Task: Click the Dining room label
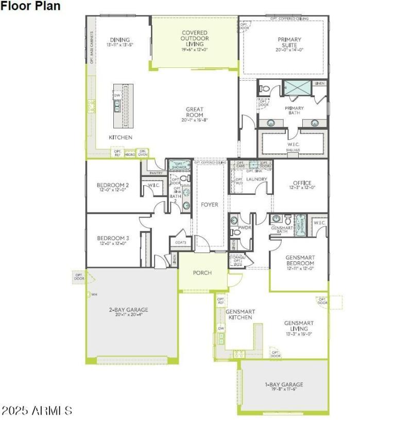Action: (119, 40)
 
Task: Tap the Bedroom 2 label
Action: (112, 185)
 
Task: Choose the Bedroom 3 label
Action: (112, 238)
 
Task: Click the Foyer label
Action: (210, 205)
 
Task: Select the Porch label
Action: (202, 273)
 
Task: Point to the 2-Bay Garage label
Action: (128, 310)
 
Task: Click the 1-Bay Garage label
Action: (284, 384)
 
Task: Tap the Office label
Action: (302, 183)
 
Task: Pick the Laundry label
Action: (256, 180)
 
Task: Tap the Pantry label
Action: (156, 173)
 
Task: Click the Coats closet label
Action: (180, 242)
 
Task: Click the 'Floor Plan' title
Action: (30, 6)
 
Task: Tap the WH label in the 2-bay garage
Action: (94, 295)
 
